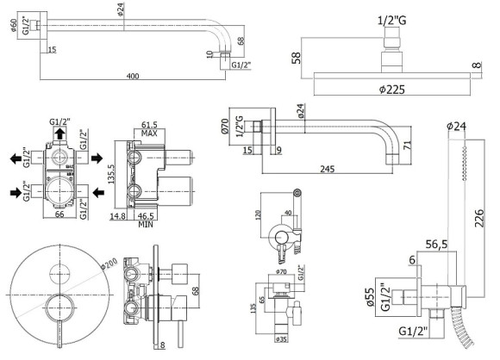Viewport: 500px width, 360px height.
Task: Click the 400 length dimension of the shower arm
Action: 132,77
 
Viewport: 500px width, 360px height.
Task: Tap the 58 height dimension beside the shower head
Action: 295,57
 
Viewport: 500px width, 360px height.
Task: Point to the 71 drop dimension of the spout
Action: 429,143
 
